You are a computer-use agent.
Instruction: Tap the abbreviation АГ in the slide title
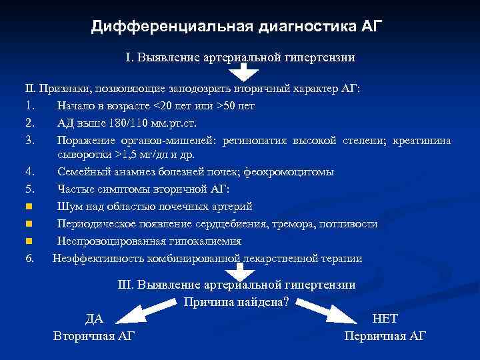pyautogui.click(x=372, y=27)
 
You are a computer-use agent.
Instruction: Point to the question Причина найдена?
pyautogui.click(x=236, y=301)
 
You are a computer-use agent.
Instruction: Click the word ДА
pyautogui.click(x=93, y=319)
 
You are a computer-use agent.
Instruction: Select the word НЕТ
pyautogui.click(x=385, y=319)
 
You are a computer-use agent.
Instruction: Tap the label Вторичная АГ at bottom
pyautogui.click(x=93, y=336)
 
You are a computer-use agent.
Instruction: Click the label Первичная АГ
pyautogui.click(x=385, y=336)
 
